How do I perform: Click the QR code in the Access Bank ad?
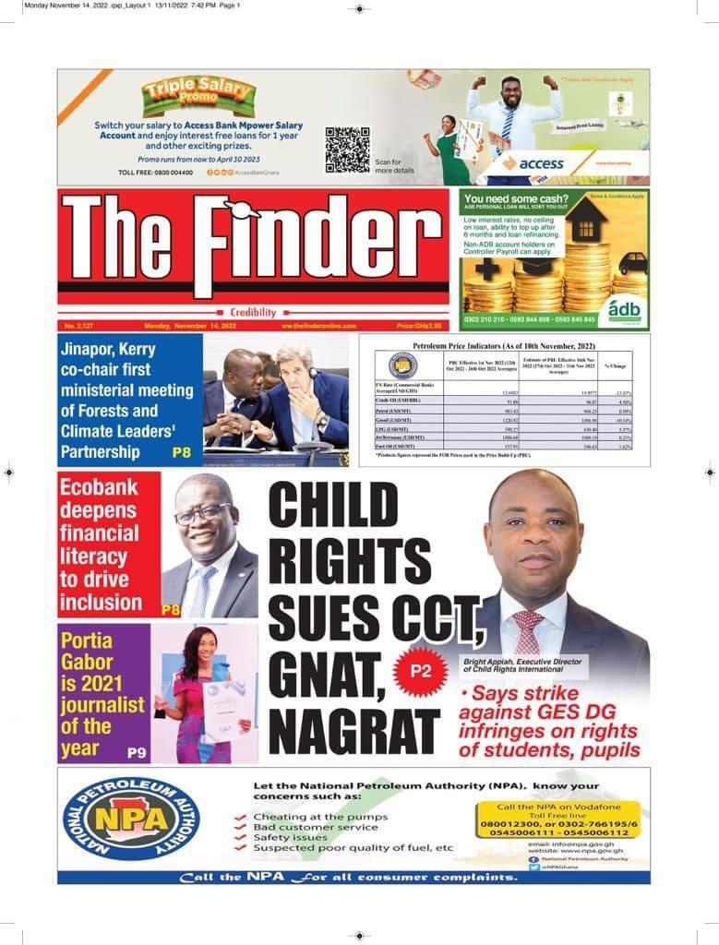pos(347,150)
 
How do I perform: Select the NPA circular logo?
pos(130,819)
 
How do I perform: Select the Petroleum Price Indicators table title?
pos(504,344)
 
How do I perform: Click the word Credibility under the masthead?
pos(254,313)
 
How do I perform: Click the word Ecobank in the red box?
pos(98,487)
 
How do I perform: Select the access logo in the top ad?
pos(533,162)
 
